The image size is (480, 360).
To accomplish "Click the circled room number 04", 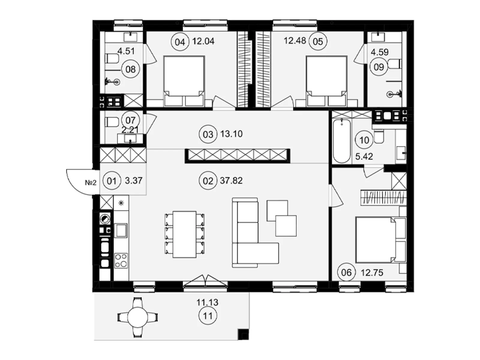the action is pyautogui.click(x=180, y=42).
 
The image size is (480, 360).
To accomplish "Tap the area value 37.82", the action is pyautogui.click(x=231, y=181).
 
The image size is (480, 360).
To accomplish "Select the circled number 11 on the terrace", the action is pyautogui.click(x=208, y=316).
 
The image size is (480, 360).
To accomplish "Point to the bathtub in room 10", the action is pyautogui.click(x=342, y=141).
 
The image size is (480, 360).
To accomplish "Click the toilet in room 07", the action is pyautogui.click(x=112, y=122).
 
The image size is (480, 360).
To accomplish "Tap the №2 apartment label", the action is pyautogui.click(x=91, y=182).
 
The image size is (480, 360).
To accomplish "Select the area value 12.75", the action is pyautogui.click(x=372, y=273).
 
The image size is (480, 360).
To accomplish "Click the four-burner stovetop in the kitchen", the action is pyautogui.click(x=121, y=260).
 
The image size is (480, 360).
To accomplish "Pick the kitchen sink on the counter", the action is pyautogui.click(x=121, y=230).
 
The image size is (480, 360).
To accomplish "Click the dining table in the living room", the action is pyautogui.click(x=184, y=234).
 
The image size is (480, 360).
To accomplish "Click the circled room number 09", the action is pyautogui.click(x=379, y=67).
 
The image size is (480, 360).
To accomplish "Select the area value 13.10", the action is pyautogui.click(x=231, y=134).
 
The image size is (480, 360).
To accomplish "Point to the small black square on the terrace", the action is pyautogui.click(x=243, y=334).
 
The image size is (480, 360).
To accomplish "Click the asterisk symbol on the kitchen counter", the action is pyautogui.click(x=121, y=203).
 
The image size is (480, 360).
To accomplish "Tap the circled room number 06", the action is pyautogui.click(x=346, y=273).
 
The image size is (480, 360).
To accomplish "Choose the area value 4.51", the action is pyautogui.click(x=126, y=51).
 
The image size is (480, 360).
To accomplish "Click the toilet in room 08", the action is pyautogui.click(x=112, y=58).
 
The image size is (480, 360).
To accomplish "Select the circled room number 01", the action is pyautogui.click(x=112, y=181).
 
